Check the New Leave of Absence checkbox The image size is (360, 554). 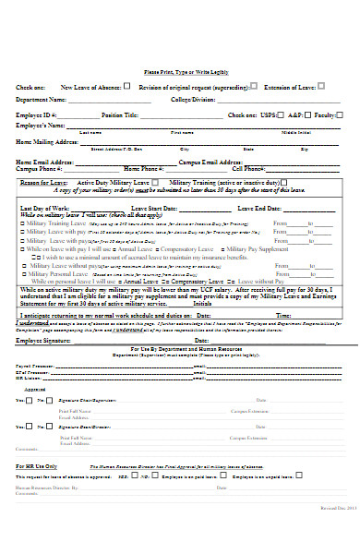tap(126, 86)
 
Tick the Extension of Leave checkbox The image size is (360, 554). tap(320, 86)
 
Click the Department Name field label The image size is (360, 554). tap(41, 99)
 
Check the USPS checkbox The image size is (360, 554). tap(277, 115)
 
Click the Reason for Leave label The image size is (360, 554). tap(42, 183)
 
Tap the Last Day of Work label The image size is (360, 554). tap(41, 210)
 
